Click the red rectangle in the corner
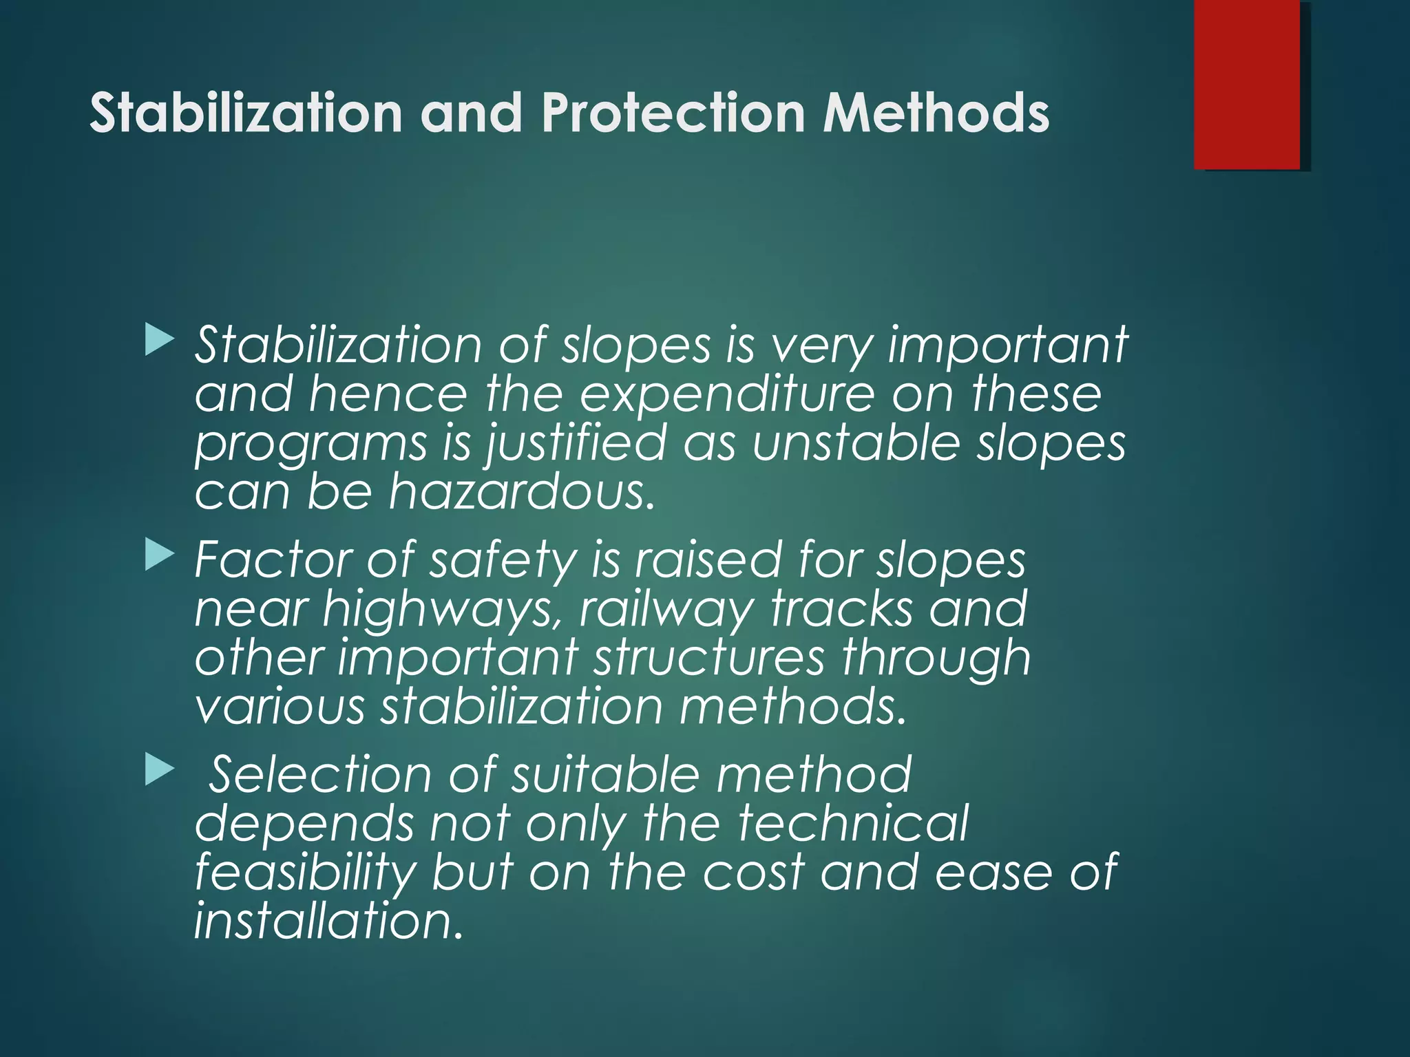coord(1247,84)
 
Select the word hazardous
coord(521,492)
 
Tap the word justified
coord(577,444)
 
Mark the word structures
coord(709,657)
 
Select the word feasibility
coord(305,873)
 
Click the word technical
coord(853,823)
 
